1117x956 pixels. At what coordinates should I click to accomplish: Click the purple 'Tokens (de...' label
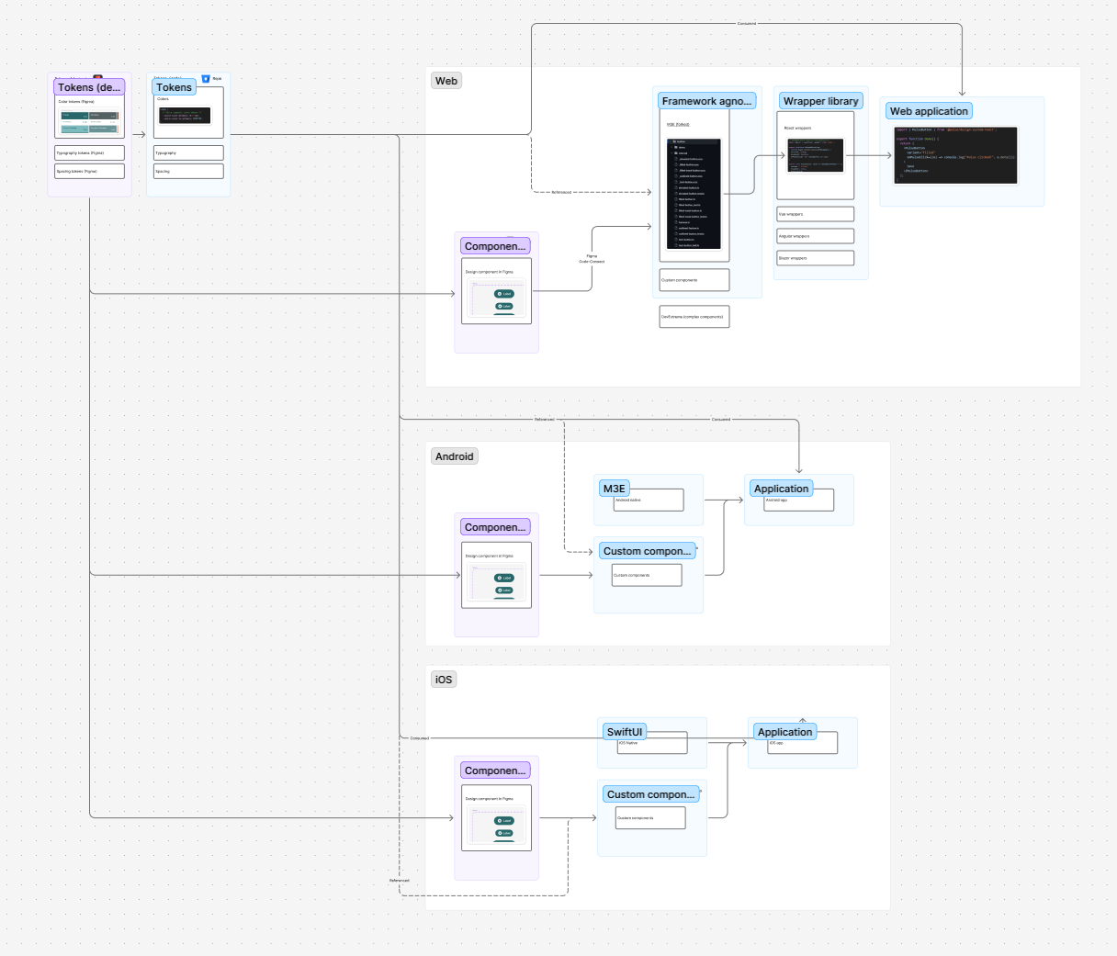(89, 87)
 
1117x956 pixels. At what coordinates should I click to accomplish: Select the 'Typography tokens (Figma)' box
(89, 153)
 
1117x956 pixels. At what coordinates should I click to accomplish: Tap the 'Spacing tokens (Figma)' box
(89, 171)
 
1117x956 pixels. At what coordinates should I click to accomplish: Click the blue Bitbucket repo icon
(206, 79)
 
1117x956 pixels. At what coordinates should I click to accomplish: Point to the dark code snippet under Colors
(184, 116)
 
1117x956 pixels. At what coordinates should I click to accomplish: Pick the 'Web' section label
(446, 81)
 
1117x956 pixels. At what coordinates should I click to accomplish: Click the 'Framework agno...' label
(706, 101)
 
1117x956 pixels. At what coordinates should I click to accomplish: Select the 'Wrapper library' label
(820, 101)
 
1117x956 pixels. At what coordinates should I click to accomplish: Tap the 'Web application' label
(929, 111)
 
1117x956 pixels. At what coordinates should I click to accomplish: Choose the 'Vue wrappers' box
(815, 214)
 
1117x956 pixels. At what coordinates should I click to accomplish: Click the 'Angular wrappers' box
(815, 236)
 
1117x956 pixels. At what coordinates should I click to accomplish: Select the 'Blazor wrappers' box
(815, 258)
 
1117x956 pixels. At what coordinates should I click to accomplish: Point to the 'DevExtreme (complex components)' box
(694, 317)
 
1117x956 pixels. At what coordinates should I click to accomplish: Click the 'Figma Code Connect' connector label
(592, 259)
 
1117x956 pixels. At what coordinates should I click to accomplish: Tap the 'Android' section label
(455, 456)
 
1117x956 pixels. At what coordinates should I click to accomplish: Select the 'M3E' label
(615, 489)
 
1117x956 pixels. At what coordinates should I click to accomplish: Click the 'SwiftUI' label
(625, 732)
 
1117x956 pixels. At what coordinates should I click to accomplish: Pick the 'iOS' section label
(444, 680)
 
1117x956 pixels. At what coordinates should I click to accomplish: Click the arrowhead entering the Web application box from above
(962, 93)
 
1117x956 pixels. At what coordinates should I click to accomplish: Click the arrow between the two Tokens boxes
(139, 135)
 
